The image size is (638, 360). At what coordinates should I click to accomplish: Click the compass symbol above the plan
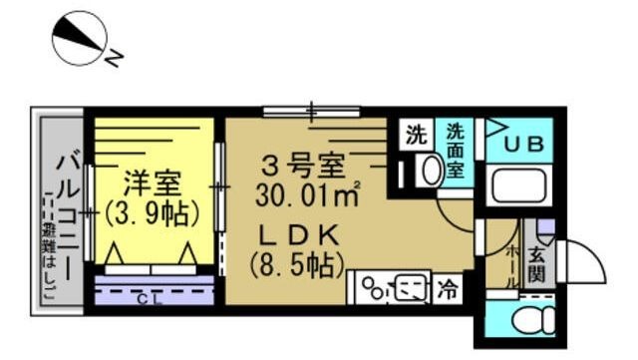pyautogui.click(x=80, y=38)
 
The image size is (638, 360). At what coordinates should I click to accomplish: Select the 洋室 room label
pyautogui.click(x=153, y=183)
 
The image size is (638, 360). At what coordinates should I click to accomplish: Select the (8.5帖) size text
pyautogui.click(x=298, y=265)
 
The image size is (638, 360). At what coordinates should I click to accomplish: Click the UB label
pyautogui.click(x=521, y=144)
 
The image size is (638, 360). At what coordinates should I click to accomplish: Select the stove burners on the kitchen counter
pyautogui.click(x=380, y=290)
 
